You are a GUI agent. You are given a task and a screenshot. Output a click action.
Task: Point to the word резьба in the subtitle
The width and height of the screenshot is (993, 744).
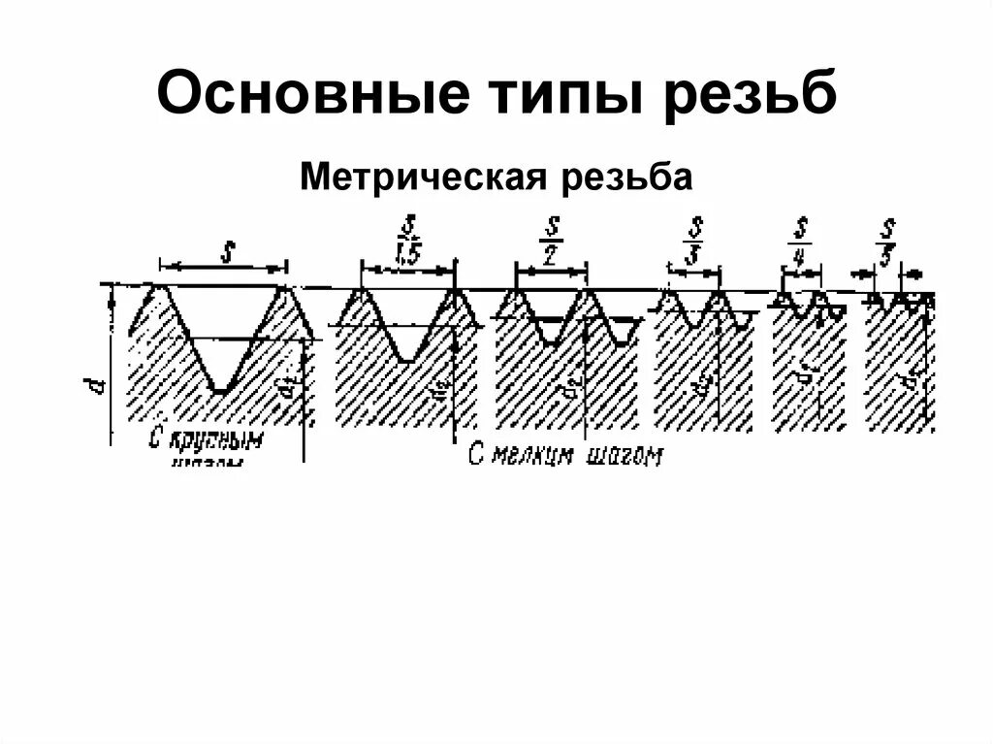pos(624,178)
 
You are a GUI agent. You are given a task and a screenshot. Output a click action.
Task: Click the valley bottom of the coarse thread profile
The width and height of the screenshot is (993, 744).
pos(220,390)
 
